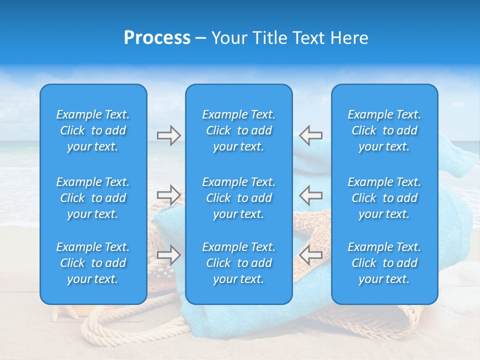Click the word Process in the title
157,38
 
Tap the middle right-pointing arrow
168,194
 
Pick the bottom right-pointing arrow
168,255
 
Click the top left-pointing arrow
311,135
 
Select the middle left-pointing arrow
311,194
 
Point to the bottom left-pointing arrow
311,255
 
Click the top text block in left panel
93,130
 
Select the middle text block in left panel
93,198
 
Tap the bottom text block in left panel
93,263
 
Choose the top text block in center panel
239,130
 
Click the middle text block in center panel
239,198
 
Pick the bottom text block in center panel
239,263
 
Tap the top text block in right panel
384,130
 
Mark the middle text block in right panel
384,198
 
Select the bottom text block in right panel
384,263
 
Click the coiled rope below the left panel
115,325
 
